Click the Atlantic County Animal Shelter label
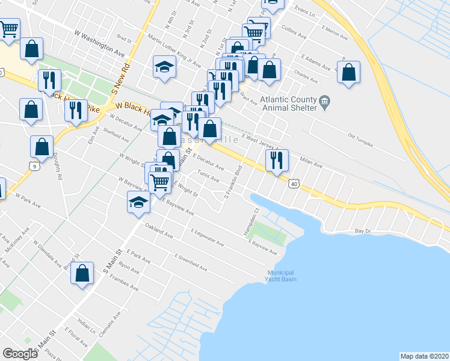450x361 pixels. (288, 104)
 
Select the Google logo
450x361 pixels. (20, 354)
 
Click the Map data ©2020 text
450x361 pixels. (424, 356)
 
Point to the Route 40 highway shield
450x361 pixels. (294, 184)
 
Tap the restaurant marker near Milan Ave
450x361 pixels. (277, 161)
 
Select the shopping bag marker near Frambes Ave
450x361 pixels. (82, 274)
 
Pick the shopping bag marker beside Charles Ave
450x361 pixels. (348, 73)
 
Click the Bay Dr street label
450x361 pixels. (362, 231)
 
